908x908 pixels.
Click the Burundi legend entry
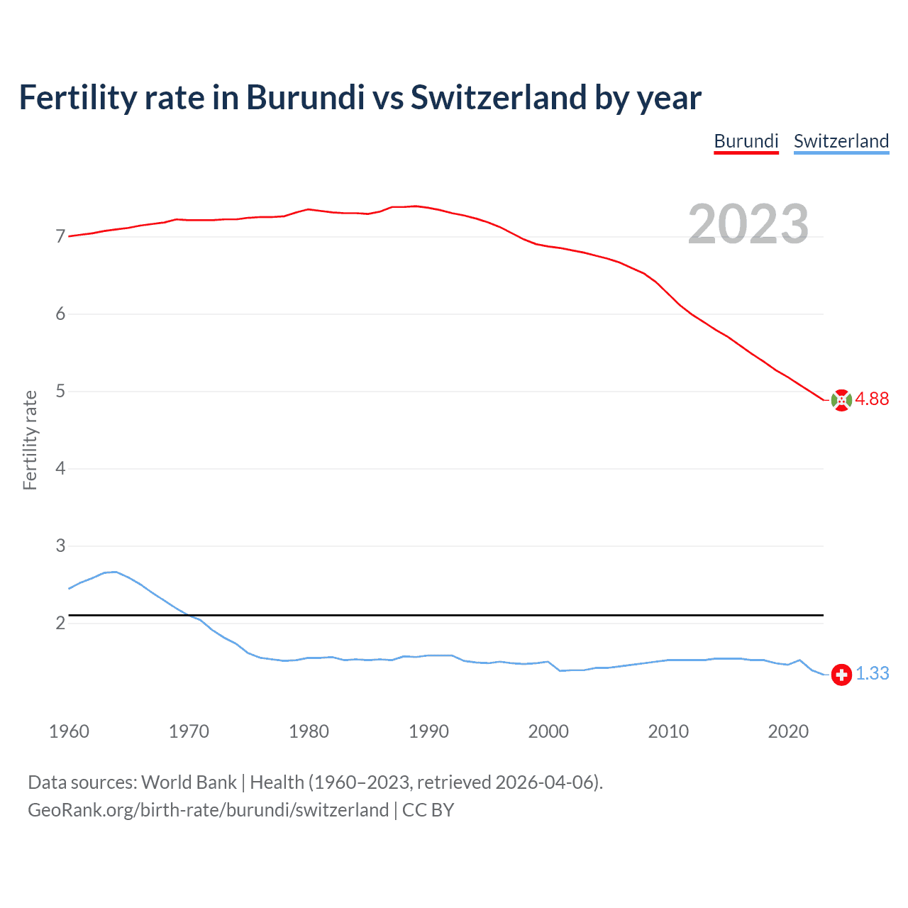746,141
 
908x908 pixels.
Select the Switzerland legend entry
841,141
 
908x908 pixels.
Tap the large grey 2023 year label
748,224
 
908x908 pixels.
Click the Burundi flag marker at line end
841,400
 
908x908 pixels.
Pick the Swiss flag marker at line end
841,674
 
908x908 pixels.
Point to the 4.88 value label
872,399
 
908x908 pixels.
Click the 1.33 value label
872,673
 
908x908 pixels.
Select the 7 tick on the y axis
60,237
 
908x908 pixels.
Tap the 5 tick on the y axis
60,392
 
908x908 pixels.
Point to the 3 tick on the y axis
60,546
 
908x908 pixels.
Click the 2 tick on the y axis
60,624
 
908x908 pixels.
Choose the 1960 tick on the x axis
69,731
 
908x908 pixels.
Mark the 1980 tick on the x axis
309,731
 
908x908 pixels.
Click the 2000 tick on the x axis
548,731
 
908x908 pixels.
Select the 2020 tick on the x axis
788,731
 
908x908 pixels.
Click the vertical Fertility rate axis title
30,440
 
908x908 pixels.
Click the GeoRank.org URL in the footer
208,810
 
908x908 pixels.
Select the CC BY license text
428,810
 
